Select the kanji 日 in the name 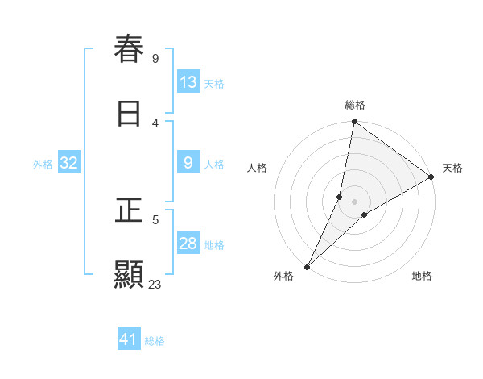point(129,114)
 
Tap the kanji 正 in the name point(129,210)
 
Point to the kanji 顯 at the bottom point(129,275)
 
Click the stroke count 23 point(155,284)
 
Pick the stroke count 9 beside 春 point(155,58)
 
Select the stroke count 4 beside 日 point(155,123)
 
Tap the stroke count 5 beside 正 point(155,219)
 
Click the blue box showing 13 point(188,82)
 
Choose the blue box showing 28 point(188,244)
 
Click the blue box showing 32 point(68,163)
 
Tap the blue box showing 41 point(129,340)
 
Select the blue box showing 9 point(188,163)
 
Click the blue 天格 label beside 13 point(214,83)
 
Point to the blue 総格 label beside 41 point(155,341)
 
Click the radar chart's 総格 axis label point(355,105)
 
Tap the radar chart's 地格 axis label point(422,276)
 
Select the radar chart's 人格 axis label point(258,168)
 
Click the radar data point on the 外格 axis point(307,267)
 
